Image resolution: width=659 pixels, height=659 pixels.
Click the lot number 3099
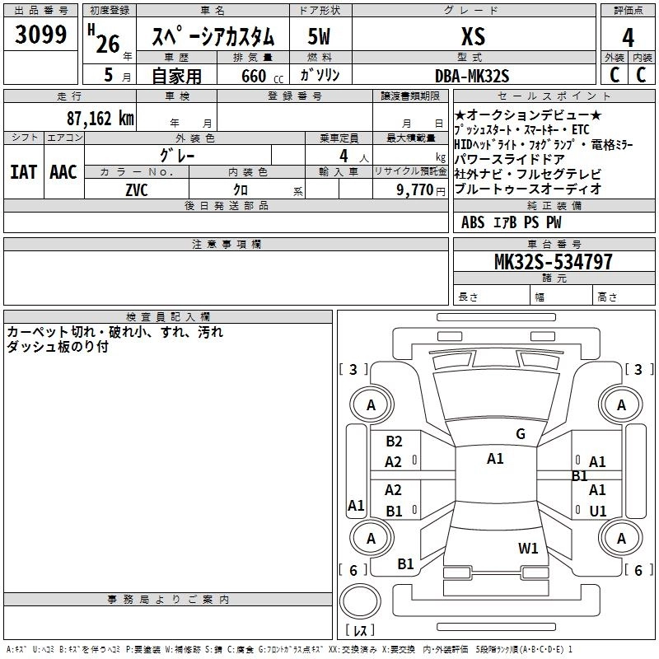40,36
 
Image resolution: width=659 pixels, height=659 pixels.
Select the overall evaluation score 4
628,37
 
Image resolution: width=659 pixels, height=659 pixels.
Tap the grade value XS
474,37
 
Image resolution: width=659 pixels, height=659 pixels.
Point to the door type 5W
320,37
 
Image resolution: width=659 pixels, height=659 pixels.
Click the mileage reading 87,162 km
100,118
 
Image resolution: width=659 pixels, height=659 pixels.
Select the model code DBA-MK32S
473,76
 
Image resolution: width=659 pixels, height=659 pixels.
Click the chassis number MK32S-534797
554,262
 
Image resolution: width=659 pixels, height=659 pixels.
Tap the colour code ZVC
137,189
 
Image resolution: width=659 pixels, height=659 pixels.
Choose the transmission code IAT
25,171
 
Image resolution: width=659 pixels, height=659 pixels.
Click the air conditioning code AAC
63,171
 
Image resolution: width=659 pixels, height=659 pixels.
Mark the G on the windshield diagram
520,434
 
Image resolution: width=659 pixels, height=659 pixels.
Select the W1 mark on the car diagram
528,548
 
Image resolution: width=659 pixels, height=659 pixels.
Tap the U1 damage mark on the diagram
597,511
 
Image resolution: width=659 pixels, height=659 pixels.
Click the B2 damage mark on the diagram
394,442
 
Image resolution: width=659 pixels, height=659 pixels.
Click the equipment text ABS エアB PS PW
511,222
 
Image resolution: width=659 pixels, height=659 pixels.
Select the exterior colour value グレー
178,155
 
